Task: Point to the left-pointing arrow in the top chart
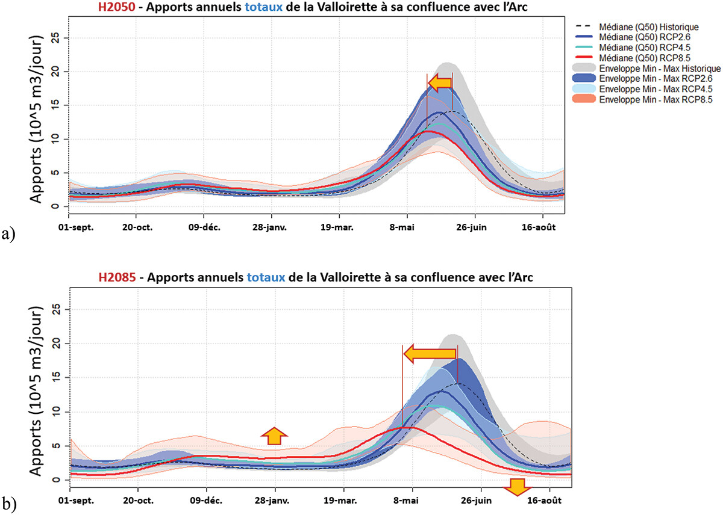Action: (439, 82)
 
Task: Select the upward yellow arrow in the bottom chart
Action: (274, 435)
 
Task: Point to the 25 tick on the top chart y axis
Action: (58, 38)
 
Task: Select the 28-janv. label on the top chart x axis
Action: (271, 229)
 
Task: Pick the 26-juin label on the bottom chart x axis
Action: (480, 500)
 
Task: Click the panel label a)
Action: (8, 234)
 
